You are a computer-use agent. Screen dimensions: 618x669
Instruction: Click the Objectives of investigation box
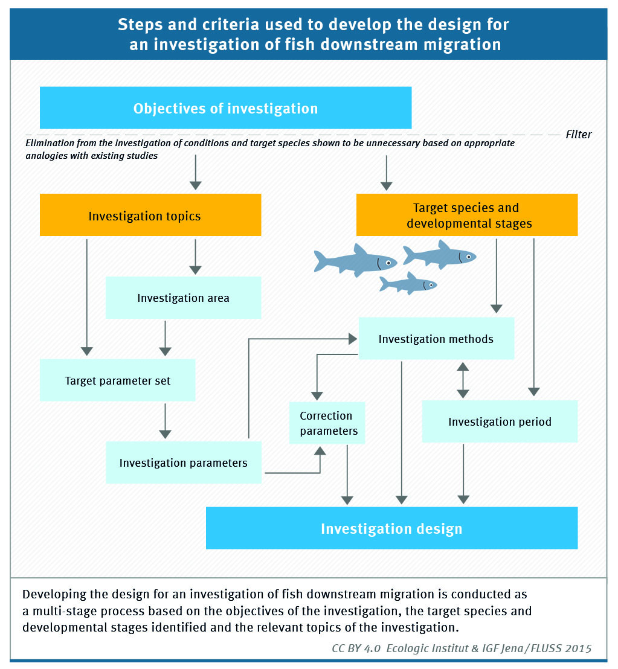pyautogui.click(x=225, y=108)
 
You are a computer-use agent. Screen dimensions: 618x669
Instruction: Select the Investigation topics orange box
pyautogui.click(x=150, y=215)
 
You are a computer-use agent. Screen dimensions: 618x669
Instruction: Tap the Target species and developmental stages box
pyautogui.click(x=467, y=215)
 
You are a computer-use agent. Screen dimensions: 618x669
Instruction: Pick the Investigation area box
pyautogui.click(x=183, y=298)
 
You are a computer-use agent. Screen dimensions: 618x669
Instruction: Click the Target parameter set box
pyautogui.click(x=117, y=380)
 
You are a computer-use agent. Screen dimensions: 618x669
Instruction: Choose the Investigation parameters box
pyautogui.click(x=184, y=463)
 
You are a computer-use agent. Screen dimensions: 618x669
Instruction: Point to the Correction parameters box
pyautogui.click(x=327, y=423)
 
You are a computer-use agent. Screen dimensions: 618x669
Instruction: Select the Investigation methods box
pyautogui.click(x=436, y=338)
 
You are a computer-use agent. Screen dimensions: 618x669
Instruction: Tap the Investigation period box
pyautogui.click(x=500, y=421)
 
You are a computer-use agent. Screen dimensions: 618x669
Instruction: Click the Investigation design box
pyautogui.click(x=392, y=528)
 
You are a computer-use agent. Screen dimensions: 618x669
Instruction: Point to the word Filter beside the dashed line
pyautogui.click(x=578, y=135)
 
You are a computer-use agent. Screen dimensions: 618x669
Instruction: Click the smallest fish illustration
pyautogui.click(x=408, y=284)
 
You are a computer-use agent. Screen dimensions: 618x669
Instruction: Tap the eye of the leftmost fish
pyautogui.click(x=388, y=263)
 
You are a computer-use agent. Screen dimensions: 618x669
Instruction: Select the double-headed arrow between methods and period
pyautogui.click(x=463, y=380)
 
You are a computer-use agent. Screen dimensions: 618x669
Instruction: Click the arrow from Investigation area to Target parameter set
pyautogui.click(x=165, y=339)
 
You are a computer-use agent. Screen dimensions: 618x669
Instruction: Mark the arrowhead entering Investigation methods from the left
pyautogui.click(x=353, y=339)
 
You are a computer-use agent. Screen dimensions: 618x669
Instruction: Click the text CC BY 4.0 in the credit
pyautogui.click(x=356, y=648)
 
